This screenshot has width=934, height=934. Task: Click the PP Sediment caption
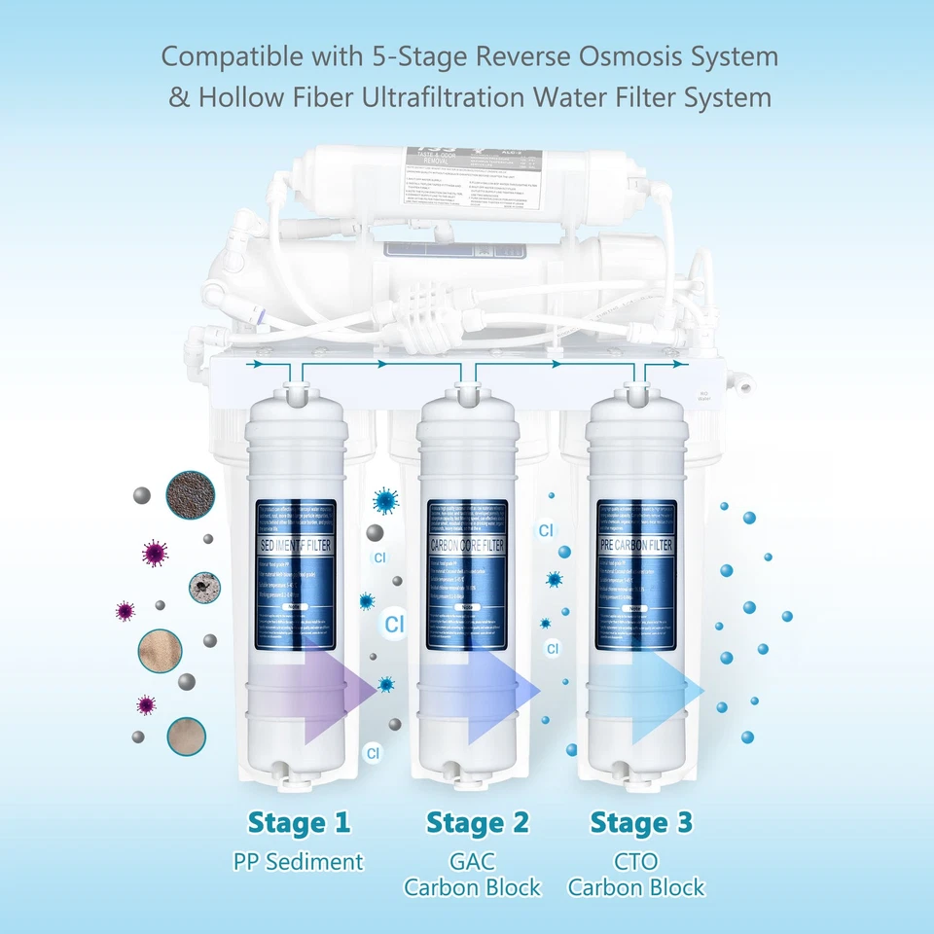point(299,861)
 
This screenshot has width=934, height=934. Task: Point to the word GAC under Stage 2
point(473,861)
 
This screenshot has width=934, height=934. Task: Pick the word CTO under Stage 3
point(636,861)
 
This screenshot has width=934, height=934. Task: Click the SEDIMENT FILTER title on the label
point(296,546)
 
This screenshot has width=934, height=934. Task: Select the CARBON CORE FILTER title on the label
point(467,546)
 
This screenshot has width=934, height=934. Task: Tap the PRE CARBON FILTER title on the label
point(636,546)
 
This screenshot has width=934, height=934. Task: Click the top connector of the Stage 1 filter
point(295,391)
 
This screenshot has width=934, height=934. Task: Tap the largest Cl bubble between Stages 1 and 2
point(394,625)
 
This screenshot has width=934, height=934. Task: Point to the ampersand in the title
point(179,97)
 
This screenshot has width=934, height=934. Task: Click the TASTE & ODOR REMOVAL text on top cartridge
point(431,162)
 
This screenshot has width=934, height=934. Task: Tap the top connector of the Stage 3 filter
point(636,392)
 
